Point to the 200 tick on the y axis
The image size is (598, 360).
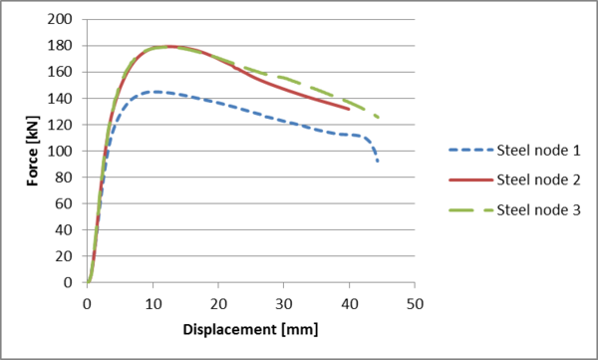pyautogui.click(x=67, y=20)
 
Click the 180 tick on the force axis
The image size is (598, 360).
pyautogui.click(x=67, y=46)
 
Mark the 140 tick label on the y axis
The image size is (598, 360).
pyautogui.click(x=67, y=99)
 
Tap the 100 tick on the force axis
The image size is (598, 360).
pyautogui.click(x=67, y=151)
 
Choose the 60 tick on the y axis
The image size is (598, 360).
pyautogui.click(x=70, y=203)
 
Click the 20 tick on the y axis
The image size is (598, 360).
pyautogui.click(x=70, y=256)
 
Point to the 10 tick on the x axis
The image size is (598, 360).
pyautogui.click(x=153, y=301)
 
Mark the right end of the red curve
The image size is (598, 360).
pyautogui.click(x=349, y=109)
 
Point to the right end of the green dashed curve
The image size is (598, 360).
pyautogui.click(x=378, y=117)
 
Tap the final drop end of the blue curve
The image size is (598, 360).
pyautogui.click(x=378, y=161)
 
